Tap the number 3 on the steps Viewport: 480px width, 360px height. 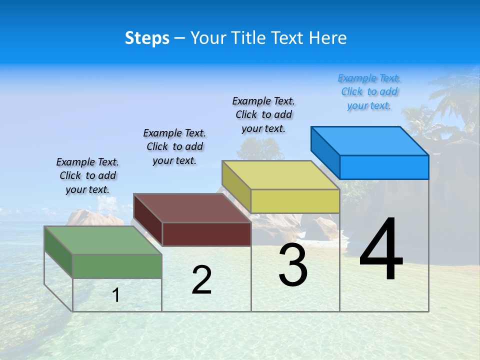tap(293, 265)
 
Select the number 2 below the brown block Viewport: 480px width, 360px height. tap(201, 280)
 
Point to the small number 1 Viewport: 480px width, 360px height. tap(116, 295)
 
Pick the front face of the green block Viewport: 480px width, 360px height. tap(117, 266)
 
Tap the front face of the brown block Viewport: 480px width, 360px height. tap(206, 234)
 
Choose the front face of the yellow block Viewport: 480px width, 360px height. tap(295, 201)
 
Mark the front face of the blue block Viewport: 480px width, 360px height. tap(384, 167)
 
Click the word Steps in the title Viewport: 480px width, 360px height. tap(147, 38)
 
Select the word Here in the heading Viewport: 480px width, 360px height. tap(328, 38)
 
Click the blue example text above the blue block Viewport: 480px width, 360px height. tap(369, 91)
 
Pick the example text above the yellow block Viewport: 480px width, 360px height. tap(263, 114)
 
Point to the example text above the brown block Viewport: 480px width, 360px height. tap(174, 146)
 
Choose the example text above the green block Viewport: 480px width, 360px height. tap(87, 175)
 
